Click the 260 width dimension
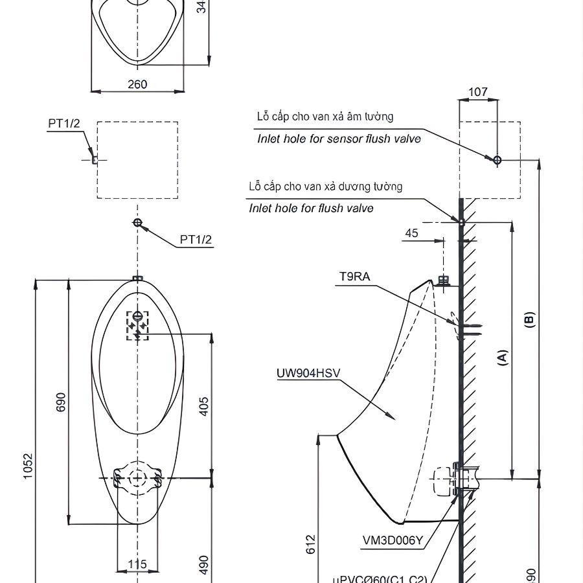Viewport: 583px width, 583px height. [137, 84]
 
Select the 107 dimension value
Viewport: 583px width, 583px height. [477, 92]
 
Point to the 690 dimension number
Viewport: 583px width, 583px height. [61, 402]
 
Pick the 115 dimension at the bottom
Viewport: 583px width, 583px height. [137, 564]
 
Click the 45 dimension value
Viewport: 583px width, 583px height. [412, 233]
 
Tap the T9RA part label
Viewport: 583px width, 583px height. [355, 277]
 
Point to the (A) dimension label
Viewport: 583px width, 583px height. [502, 358]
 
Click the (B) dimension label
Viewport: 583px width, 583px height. [529, 320]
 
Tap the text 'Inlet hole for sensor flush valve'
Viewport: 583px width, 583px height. [339, 139]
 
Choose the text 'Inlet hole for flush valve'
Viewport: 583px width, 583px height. [311, 208]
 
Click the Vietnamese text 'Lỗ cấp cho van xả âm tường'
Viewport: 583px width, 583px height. [325, 117]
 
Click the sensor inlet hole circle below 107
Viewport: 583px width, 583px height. [497, 159]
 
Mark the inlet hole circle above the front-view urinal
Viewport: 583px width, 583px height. [137, 223]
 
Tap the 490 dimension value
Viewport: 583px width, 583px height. [203, 564]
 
